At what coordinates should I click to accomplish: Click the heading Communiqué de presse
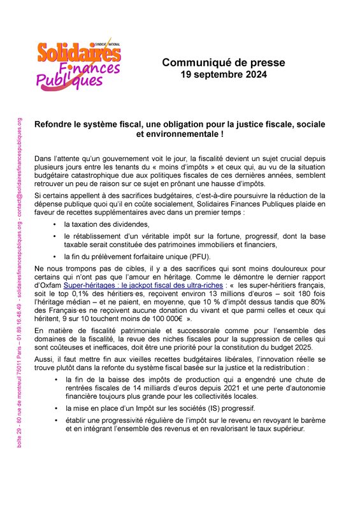pos(222,63)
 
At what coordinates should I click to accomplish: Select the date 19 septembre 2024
pos(222,75)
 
